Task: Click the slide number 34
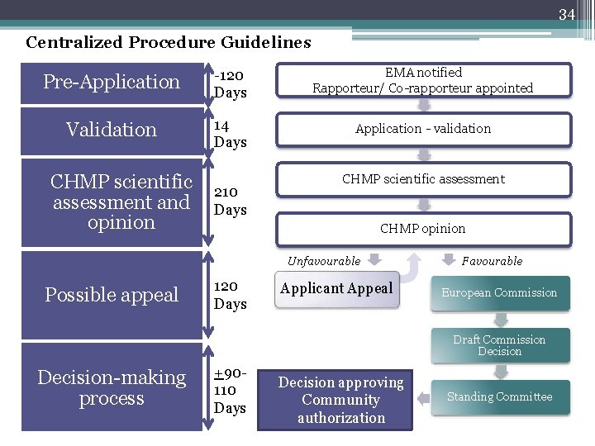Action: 566,14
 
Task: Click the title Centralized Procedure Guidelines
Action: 169,42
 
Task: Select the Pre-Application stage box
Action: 112,82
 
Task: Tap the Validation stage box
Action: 112,130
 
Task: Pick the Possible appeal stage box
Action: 112,295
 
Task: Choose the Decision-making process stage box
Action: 112,388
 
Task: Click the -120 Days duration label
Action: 231,83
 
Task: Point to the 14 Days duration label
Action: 230,134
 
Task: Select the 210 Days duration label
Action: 230,201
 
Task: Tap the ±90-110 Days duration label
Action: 231,390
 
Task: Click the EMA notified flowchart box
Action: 422,80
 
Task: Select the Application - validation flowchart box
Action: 422,129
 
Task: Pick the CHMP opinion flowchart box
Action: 422,229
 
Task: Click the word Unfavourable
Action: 324,261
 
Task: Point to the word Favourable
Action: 492,261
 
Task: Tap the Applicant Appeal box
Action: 337,289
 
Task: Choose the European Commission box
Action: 499,292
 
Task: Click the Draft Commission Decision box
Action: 499,345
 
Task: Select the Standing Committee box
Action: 499,397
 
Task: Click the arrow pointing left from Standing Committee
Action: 422,398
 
